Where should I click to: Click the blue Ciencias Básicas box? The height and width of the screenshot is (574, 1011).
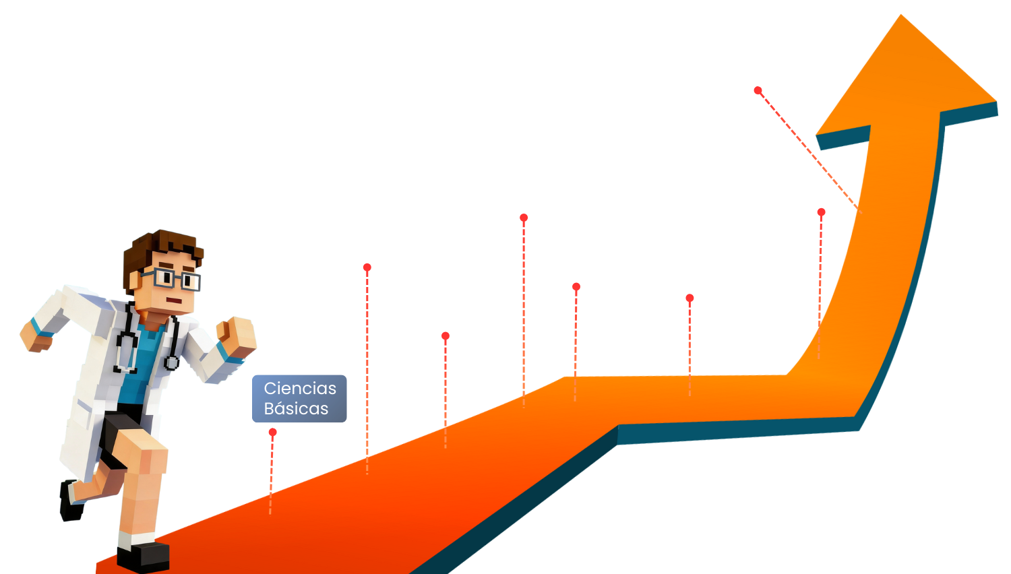pos(299,399)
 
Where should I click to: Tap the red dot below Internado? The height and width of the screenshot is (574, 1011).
pos(524,218)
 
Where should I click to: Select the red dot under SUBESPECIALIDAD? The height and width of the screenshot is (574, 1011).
pos(758,90)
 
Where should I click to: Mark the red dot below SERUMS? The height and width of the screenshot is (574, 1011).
pos(690,298)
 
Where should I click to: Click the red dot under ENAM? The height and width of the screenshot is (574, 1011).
pos(576,287)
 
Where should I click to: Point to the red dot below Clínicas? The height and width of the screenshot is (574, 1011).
pos(367,267)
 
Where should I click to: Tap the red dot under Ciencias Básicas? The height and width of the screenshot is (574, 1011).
pos(272,432)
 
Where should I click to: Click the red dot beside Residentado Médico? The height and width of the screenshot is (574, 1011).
pos(821,212)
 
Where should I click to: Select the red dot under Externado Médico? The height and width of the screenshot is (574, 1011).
pos(446,336)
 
